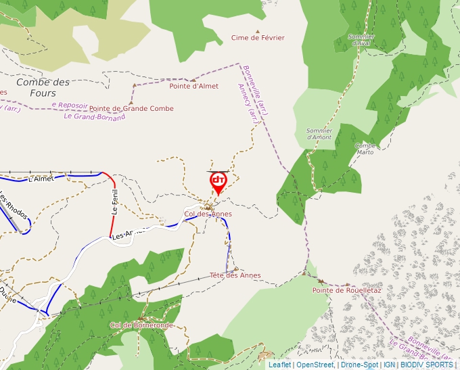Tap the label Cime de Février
click(258, 38)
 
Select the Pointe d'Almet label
click(194, 86)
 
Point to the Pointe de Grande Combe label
click(131, 109)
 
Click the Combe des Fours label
click(43, 87)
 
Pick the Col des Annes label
click(208, 214)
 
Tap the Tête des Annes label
click(235, 275)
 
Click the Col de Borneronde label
click(142, 325)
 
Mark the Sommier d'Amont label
click(319, 133)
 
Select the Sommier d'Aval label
click(359, 40)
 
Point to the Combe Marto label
click(365, 149)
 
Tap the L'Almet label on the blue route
click(41, 179)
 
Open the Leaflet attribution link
click(279, 365)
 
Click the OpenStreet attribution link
click(315, 365)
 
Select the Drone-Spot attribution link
click(359, 365)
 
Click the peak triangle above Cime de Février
click(257, 30)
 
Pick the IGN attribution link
click(389, 365)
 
